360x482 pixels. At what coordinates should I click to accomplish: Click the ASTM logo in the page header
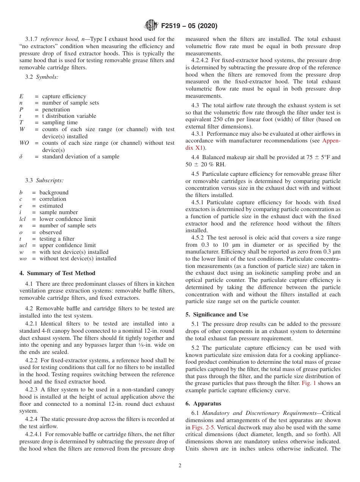point(152,26)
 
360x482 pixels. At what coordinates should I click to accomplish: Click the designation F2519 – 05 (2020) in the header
point(189,26)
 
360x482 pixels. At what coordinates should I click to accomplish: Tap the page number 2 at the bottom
point(180,466)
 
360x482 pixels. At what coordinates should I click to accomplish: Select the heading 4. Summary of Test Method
point(57,273)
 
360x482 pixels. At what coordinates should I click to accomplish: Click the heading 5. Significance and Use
point(217,315)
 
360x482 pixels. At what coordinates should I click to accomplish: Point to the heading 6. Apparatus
point(203,404)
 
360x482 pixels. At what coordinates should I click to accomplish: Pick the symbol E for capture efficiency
point(21,96)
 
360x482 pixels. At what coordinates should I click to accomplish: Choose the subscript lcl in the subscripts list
point(22,219)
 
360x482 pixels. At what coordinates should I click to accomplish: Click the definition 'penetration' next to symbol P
point(56,110)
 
